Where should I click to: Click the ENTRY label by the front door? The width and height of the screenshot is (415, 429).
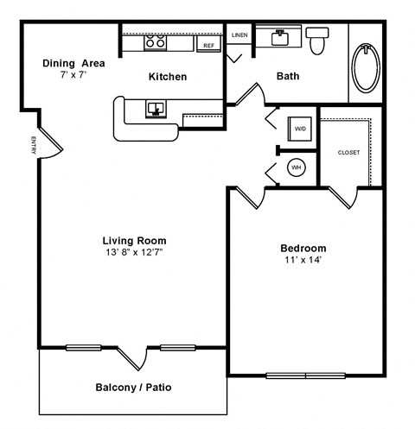(33, 146)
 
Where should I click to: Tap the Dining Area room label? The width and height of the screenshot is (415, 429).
(73, 63)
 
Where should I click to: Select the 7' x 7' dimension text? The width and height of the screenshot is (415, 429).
(73, 76)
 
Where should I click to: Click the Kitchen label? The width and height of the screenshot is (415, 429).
(168, 77)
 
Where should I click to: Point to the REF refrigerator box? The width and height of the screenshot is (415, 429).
(208, 45)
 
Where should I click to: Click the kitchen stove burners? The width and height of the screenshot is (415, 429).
(156, 41)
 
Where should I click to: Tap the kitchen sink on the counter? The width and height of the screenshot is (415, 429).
(156, 108)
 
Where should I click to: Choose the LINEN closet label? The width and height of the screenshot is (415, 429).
(239, 35)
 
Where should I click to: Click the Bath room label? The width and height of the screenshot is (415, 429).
(288, 76)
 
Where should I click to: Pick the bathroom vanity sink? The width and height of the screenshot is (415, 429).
(281, 37)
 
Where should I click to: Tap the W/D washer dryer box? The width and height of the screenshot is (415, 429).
(300, 129)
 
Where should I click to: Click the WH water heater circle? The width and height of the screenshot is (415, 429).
(296, 167)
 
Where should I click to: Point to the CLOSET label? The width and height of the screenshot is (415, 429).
(349, 152)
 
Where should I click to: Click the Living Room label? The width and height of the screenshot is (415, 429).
(134, 240)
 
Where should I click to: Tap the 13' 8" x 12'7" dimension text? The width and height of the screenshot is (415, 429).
(134, 253)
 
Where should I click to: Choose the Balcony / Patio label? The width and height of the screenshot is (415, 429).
(133, 388)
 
